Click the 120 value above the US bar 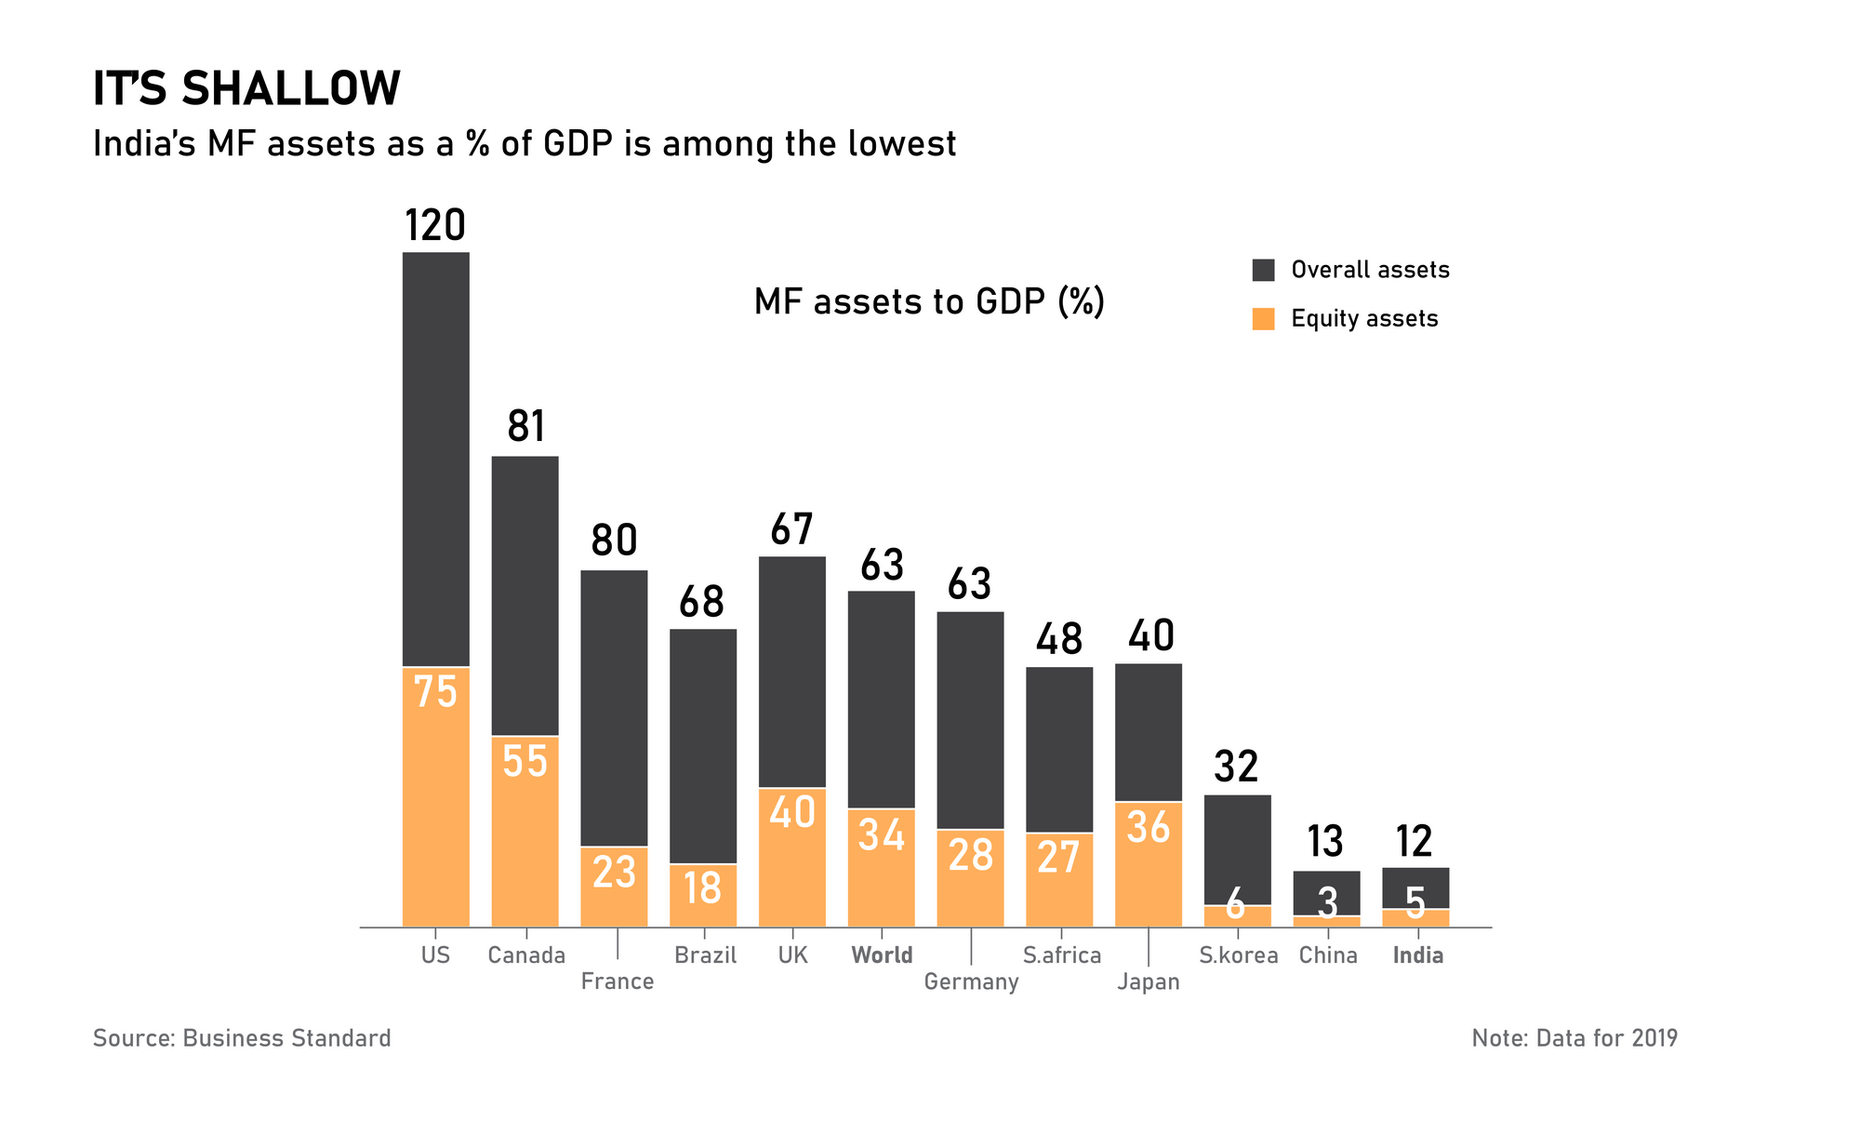[x=435, y=226]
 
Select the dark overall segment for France [x=614, y=707]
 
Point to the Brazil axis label [x=705, y=955]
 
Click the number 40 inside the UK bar [x=792, y=812]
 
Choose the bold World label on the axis [x=882, y=955]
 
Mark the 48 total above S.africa [x=1059, y=639]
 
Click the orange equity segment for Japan [x=1149, y=864]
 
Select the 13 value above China [x=1325, y=842]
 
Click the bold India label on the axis [x=1417, y=955]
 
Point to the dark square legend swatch [x=1263, y=270]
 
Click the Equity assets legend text [x=1364, y=319]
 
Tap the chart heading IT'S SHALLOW [x=246, y=89]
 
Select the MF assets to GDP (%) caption [x=929, y=302]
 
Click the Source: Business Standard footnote [x=242, y=1038]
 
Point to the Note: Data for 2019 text [x=1574, y=1038]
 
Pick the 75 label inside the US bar [x=435, y=692]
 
